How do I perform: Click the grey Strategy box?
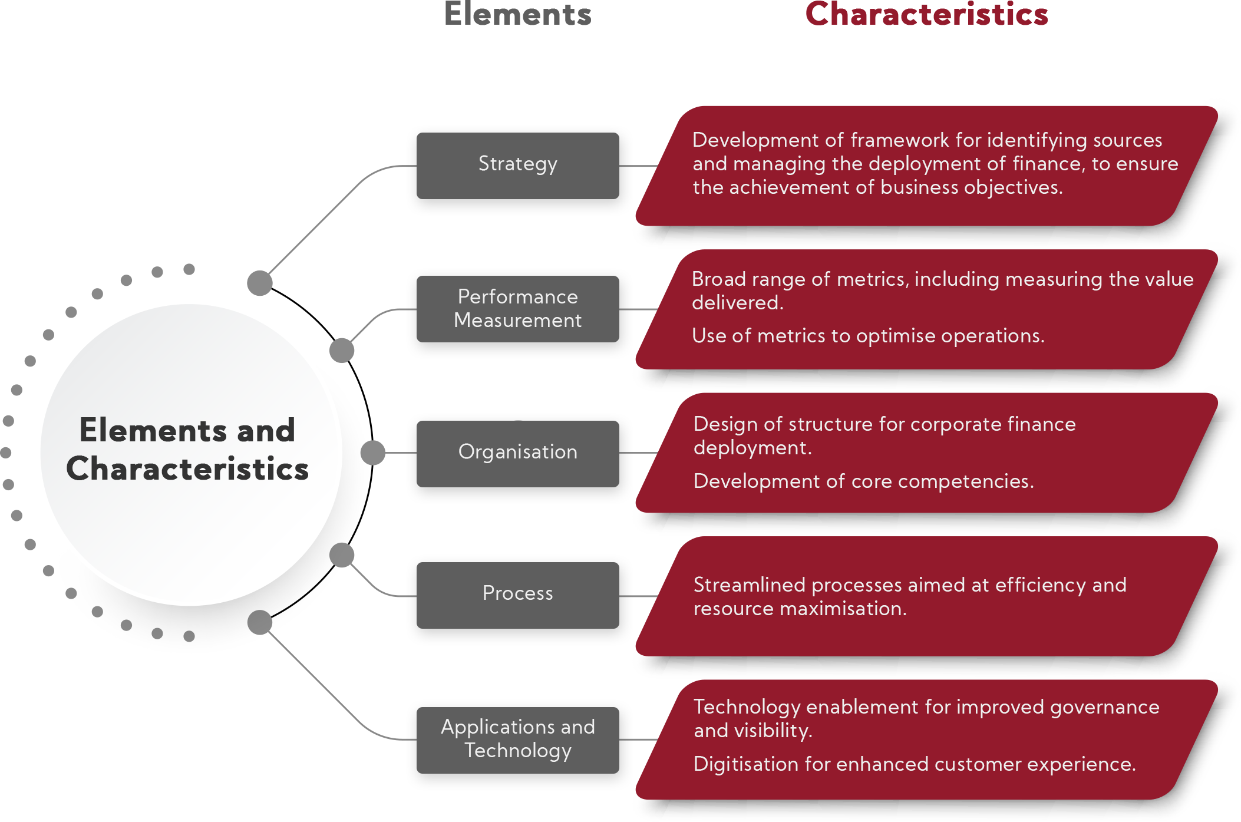coord(517,166)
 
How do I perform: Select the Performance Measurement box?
coord(517,309)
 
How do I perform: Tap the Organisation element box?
coord(517,453)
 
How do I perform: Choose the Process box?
coord(517,595)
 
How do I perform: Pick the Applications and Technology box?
coord(517,740)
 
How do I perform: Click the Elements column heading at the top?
coord(517,14)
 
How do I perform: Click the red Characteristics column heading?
coord(926,14)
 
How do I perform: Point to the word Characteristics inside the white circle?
coord(187,469)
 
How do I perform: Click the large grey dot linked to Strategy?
coord(260,283)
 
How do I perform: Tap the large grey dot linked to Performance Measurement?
coord(342,351)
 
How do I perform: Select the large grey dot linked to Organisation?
coord(373,453)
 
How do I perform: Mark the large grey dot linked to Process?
coord(342,555)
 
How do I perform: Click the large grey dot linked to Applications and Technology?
coord(260,622)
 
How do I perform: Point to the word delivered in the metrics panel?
coord(737,303)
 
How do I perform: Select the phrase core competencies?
coord(942,481)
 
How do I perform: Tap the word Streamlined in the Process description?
coord(749,585)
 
